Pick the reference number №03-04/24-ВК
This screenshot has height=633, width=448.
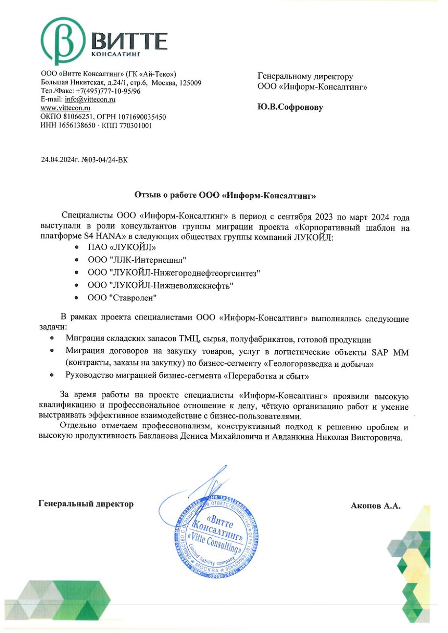(x=104, y=159)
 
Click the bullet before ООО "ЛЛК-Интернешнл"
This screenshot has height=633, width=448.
(x=77, y=260)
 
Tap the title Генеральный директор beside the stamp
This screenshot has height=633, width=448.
(x=86, y=504)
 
